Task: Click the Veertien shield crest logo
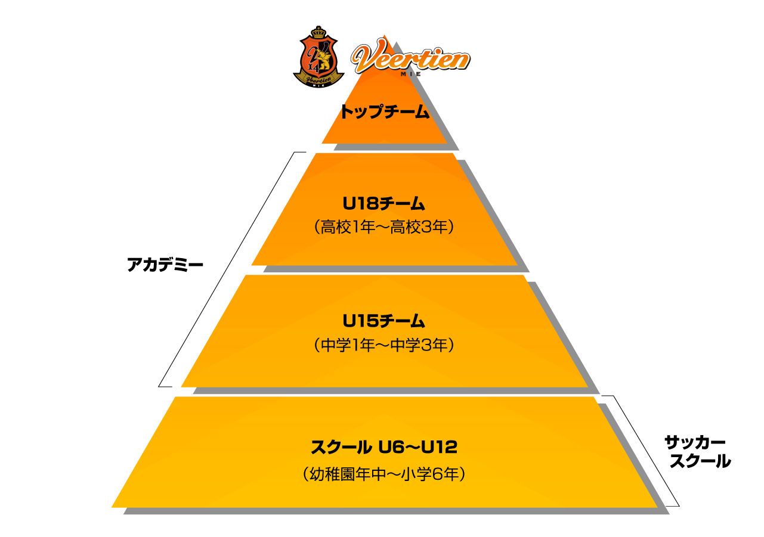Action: click(318, 57)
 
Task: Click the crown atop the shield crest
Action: click(318, 32)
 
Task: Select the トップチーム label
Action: click(385, 111)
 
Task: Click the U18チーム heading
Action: click(383, 203)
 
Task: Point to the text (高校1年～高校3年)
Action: click(384, 226)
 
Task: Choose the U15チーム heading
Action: click(383, 321)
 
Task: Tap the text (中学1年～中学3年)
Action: click(384, 345)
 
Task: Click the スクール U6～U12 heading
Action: click(384, 447)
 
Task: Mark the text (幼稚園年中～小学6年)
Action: click(384, 474)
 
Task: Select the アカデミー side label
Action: click(165, 265)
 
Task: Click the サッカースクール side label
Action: click(697, 452)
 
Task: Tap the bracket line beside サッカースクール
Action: click(641, 451)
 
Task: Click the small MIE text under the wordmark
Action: click(411, 74)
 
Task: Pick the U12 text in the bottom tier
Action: click(440, 447)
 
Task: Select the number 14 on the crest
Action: click(313, 67)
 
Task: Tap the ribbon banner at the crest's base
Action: click(318, 80)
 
